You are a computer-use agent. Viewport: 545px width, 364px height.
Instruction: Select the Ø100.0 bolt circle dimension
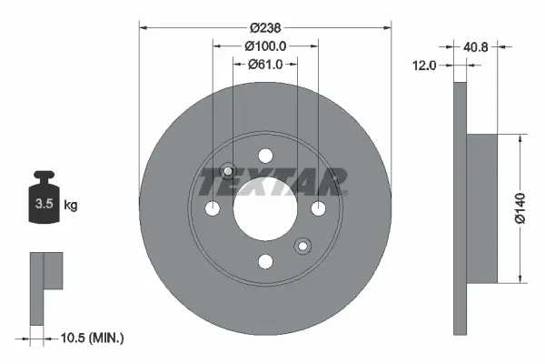point(265,45)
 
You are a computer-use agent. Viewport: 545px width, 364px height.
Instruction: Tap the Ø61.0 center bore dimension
point(265,64)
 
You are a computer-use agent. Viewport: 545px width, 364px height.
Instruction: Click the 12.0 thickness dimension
point(425,66)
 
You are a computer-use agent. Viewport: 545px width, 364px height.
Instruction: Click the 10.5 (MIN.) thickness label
point(91,338)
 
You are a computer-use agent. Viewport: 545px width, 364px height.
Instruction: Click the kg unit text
point(71,206)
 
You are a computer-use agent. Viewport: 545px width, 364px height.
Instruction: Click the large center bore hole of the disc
point(265,208)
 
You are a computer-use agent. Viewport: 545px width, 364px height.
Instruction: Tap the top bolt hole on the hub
point(265,156)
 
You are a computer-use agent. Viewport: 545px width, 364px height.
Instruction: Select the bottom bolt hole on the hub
point(265,262)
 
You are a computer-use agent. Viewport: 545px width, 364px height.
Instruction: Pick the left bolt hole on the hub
point(213,209)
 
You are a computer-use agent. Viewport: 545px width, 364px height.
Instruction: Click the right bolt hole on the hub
point(319,209)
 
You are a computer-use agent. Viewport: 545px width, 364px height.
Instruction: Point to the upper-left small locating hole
point(229,171)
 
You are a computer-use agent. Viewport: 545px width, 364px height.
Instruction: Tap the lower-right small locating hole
point(302,245)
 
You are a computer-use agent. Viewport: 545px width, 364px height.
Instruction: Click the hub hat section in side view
point(482,208)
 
